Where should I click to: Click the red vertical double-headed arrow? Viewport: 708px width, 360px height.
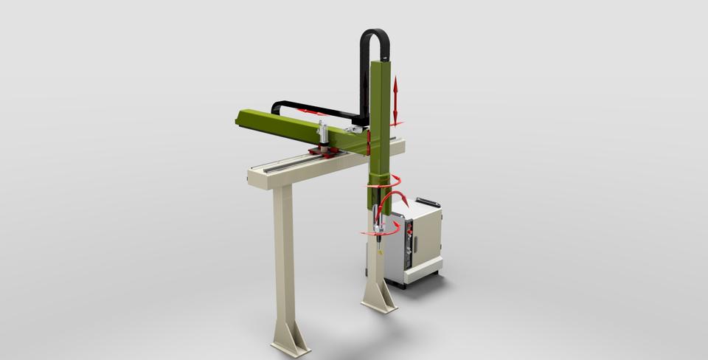(395, 100)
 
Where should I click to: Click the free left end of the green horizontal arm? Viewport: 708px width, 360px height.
(242, 117)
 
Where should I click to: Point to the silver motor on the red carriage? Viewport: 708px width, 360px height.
(322, 134)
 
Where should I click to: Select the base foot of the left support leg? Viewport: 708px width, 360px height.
(289, 340)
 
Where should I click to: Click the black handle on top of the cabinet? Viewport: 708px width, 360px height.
(428, 202)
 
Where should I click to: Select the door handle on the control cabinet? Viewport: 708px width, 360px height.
(414, 243)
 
